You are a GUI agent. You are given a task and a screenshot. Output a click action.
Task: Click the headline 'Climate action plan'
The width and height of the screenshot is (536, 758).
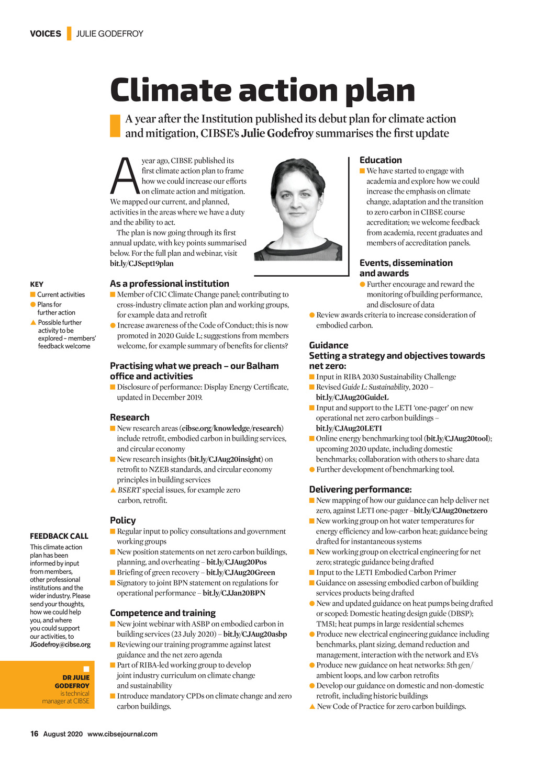262,90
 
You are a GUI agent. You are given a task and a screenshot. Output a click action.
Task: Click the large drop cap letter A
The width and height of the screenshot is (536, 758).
125,176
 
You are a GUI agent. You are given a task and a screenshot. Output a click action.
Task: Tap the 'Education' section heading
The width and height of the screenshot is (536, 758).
381,160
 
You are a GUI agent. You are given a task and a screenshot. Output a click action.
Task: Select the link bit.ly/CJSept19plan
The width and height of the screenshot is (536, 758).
141,264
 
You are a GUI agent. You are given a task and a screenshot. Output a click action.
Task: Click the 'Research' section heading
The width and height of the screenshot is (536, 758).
129,417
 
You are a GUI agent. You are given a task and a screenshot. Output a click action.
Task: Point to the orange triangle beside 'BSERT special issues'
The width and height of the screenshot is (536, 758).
113,490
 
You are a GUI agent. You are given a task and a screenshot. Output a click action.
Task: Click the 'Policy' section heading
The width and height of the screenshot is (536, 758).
122,521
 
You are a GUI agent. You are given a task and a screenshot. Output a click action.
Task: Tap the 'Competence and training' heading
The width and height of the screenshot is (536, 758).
162,613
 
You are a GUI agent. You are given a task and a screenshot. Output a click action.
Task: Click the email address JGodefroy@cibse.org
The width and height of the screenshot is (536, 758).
60,644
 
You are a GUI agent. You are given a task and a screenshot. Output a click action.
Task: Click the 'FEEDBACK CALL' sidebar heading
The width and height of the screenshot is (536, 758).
59,536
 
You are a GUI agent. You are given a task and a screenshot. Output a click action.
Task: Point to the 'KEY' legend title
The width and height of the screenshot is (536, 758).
37,285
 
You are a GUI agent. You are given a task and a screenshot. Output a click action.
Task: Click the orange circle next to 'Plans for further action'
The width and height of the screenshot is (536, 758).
33,304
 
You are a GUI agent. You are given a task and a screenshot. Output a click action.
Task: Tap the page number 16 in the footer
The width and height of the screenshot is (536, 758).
35,734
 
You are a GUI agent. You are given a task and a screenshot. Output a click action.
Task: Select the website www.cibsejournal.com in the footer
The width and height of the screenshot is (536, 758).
122,734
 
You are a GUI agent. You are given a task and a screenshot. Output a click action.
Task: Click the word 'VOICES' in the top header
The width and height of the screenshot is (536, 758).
46,33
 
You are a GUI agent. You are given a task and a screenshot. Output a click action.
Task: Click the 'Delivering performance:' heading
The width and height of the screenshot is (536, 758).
360,490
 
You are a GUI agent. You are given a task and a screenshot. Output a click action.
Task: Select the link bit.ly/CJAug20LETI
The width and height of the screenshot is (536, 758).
349,428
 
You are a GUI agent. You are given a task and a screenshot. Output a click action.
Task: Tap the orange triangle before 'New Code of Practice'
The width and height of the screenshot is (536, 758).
312,707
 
